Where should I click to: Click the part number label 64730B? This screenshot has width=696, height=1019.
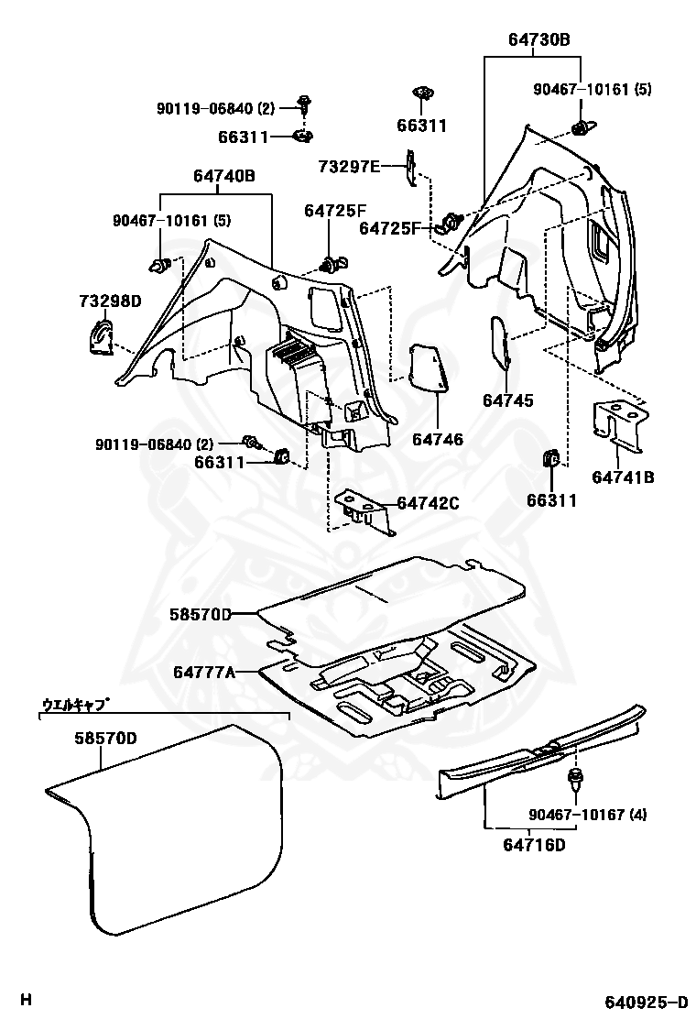click(539, 39)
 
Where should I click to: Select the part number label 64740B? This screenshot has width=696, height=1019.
click(223, 176)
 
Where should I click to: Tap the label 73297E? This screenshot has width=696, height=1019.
click(349, 166)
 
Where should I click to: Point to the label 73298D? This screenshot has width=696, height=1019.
click(109, 301)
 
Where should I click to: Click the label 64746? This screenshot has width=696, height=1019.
click(437, 440)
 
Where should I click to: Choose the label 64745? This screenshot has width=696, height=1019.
click(508, 401)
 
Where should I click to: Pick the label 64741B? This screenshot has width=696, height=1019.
click(623, 477)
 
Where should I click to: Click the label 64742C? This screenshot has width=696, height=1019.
click(429, 503)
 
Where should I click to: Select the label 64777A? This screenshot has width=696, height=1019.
click(204, 672)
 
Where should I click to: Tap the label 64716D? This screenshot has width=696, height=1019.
click(534, 844)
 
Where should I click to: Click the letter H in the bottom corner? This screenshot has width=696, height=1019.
click(27, 999)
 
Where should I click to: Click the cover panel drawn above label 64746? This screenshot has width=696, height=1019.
click(427, 367)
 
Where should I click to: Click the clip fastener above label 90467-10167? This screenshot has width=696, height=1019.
click(575, 780)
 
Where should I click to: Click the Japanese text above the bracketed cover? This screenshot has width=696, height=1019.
click(77, 705)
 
